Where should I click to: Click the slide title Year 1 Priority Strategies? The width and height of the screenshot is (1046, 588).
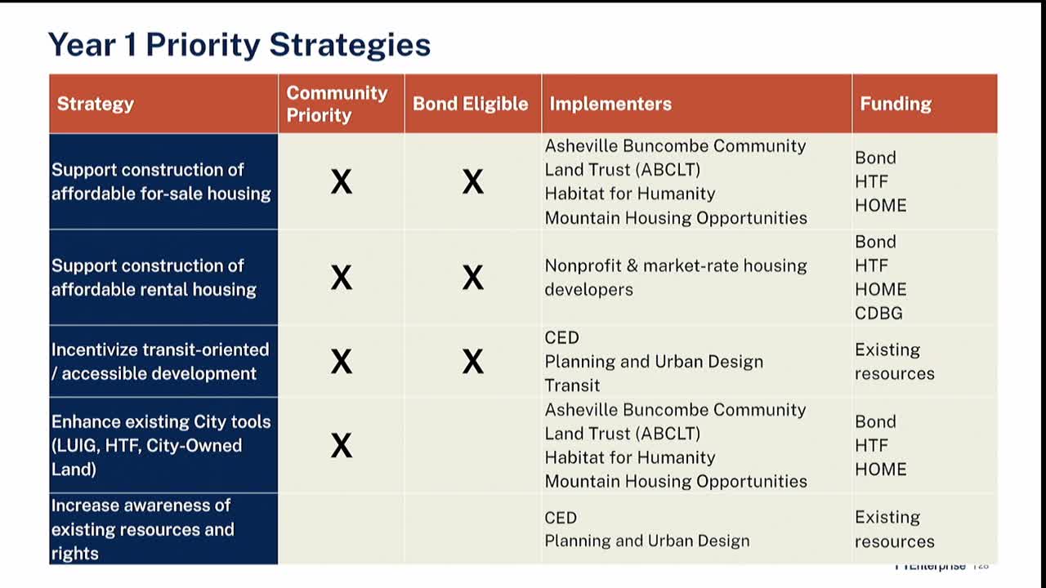(x=239, y=44)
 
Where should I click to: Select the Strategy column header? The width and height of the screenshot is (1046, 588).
(x=96, y=104)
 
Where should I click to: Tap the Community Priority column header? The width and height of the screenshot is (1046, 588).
(x=337, y=104)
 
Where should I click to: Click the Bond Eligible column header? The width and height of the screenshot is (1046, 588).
(x=470, y=104)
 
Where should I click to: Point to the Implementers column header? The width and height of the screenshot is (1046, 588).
(x=610, y=104)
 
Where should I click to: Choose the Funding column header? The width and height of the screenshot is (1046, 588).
(x=896, y=104)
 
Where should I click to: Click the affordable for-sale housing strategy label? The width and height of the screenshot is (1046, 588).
(x=161, y=181)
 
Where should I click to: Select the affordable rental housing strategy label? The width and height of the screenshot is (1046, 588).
(x=154, y=278)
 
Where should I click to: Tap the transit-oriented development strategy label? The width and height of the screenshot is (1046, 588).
(x=159, y=361)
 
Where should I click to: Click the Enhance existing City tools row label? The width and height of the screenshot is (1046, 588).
(x=160, y=445)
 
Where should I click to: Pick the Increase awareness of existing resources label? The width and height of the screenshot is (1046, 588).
(x=142, y=528)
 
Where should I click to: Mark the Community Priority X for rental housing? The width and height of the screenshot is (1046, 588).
(x=342, y=278)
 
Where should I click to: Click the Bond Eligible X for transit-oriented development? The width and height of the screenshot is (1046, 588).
(x=472, y=361)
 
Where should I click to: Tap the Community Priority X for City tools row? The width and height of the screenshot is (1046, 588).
(x=342, y=445)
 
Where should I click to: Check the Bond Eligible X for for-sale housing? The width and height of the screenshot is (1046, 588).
(x=472, y=181)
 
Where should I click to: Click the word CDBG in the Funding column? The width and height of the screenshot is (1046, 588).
(x=878, y=313)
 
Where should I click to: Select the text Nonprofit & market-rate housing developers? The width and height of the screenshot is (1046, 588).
(x=675, y=278)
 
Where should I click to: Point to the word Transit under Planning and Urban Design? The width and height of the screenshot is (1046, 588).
(x=572, y=385)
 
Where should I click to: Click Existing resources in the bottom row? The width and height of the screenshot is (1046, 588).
(x=894, y=528)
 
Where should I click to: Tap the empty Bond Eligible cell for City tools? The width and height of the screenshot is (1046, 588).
(x=472, y=445)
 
